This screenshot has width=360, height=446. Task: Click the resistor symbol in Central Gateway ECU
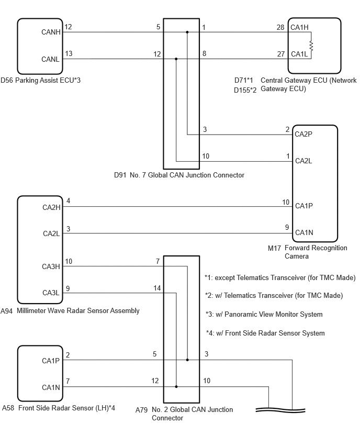point(311,46)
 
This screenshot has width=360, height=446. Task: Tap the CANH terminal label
point(51,32)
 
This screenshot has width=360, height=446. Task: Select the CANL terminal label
point(50,59)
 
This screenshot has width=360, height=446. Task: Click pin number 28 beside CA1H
point(280,27)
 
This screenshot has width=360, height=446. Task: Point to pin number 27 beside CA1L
point(281,54)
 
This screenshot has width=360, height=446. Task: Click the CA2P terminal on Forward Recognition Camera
point(303,134)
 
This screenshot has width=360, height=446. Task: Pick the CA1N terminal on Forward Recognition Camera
point(304,232)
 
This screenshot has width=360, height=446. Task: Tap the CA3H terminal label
point(51,266)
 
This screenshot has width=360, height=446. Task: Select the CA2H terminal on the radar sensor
point(51,207)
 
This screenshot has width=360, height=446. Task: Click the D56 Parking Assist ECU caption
point(40,81)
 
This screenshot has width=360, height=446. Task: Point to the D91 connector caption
point(179,175)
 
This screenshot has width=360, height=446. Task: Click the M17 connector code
point(274,248)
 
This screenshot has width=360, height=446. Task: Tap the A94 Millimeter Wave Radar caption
point(70,310)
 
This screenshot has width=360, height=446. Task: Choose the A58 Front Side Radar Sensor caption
point(58,408)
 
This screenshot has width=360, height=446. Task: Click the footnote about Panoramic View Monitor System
point(264,314)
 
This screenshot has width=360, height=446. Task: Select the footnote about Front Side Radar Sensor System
point(265,333)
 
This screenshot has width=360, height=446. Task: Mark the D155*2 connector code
point(245,90)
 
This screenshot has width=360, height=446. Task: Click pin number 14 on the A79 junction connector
point(157,288)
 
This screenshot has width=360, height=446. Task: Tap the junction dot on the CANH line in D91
point(187,32)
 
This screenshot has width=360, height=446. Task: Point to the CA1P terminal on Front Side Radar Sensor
point(51,361)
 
